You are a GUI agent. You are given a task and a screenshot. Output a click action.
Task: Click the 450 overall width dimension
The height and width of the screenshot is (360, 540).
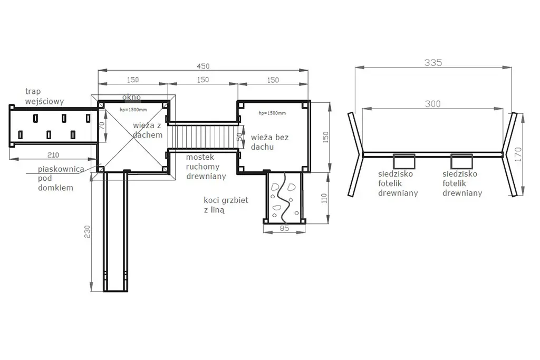click(x=203, y=66)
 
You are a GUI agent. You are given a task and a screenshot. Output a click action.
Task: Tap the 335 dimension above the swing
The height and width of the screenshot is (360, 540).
click(x=433, y=63)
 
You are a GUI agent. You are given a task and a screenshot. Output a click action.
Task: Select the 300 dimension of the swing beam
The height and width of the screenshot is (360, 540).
click(x=432, y=104)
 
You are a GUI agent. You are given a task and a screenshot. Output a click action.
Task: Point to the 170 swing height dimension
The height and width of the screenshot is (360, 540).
click(x=518, y=154)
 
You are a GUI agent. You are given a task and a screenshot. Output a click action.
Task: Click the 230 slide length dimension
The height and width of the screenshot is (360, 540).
click(x=87, y=231)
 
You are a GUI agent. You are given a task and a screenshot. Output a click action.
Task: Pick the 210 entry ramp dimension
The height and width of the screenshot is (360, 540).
click(x=53, y=155)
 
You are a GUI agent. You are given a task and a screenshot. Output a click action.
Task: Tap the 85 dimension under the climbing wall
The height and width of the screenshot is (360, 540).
click(x=284, y=228)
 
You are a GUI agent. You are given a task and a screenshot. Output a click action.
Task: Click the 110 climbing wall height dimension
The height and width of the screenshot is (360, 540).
click(x=324, y=198)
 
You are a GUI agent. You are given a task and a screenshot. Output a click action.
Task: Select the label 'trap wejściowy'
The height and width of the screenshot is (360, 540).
click(x=44, y=96)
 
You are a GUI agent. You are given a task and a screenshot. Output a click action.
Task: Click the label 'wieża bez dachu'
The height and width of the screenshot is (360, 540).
click(x=269, y=142)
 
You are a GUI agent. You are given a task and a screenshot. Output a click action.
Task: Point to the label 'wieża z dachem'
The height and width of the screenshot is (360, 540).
click(x=148, y=130)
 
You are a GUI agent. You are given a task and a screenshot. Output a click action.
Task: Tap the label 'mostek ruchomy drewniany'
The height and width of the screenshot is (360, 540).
click(x=206, y=167)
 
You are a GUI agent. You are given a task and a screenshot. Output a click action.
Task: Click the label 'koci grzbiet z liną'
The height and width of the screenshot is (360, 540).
click(x=226, y=205)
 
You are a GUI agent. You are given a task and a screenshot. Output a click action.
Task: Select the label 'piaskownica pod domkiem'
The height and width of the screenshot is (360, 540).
click(x=61, y=178)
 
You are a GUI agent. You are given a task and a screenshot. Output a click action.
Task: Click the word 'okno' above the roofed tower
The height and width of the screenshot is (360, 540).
click(x=131, y=98)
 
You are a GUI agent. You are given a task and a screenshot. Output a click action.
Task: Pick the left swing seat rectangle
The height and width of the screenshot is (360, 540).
click(x=404, y=161)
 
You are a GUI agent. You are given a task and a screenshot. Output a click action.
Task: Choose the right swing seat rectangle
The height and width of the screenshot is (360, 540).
click(x=461, y=161)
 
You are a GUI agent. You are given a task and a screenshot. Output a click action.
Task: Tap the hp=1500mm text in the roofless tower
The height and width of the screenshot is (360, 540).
click(x=272, y=113)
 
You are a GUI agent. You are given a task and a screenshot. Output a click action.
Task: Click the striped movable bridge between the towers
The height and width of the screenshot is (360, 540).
click(x=203, y=137)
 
